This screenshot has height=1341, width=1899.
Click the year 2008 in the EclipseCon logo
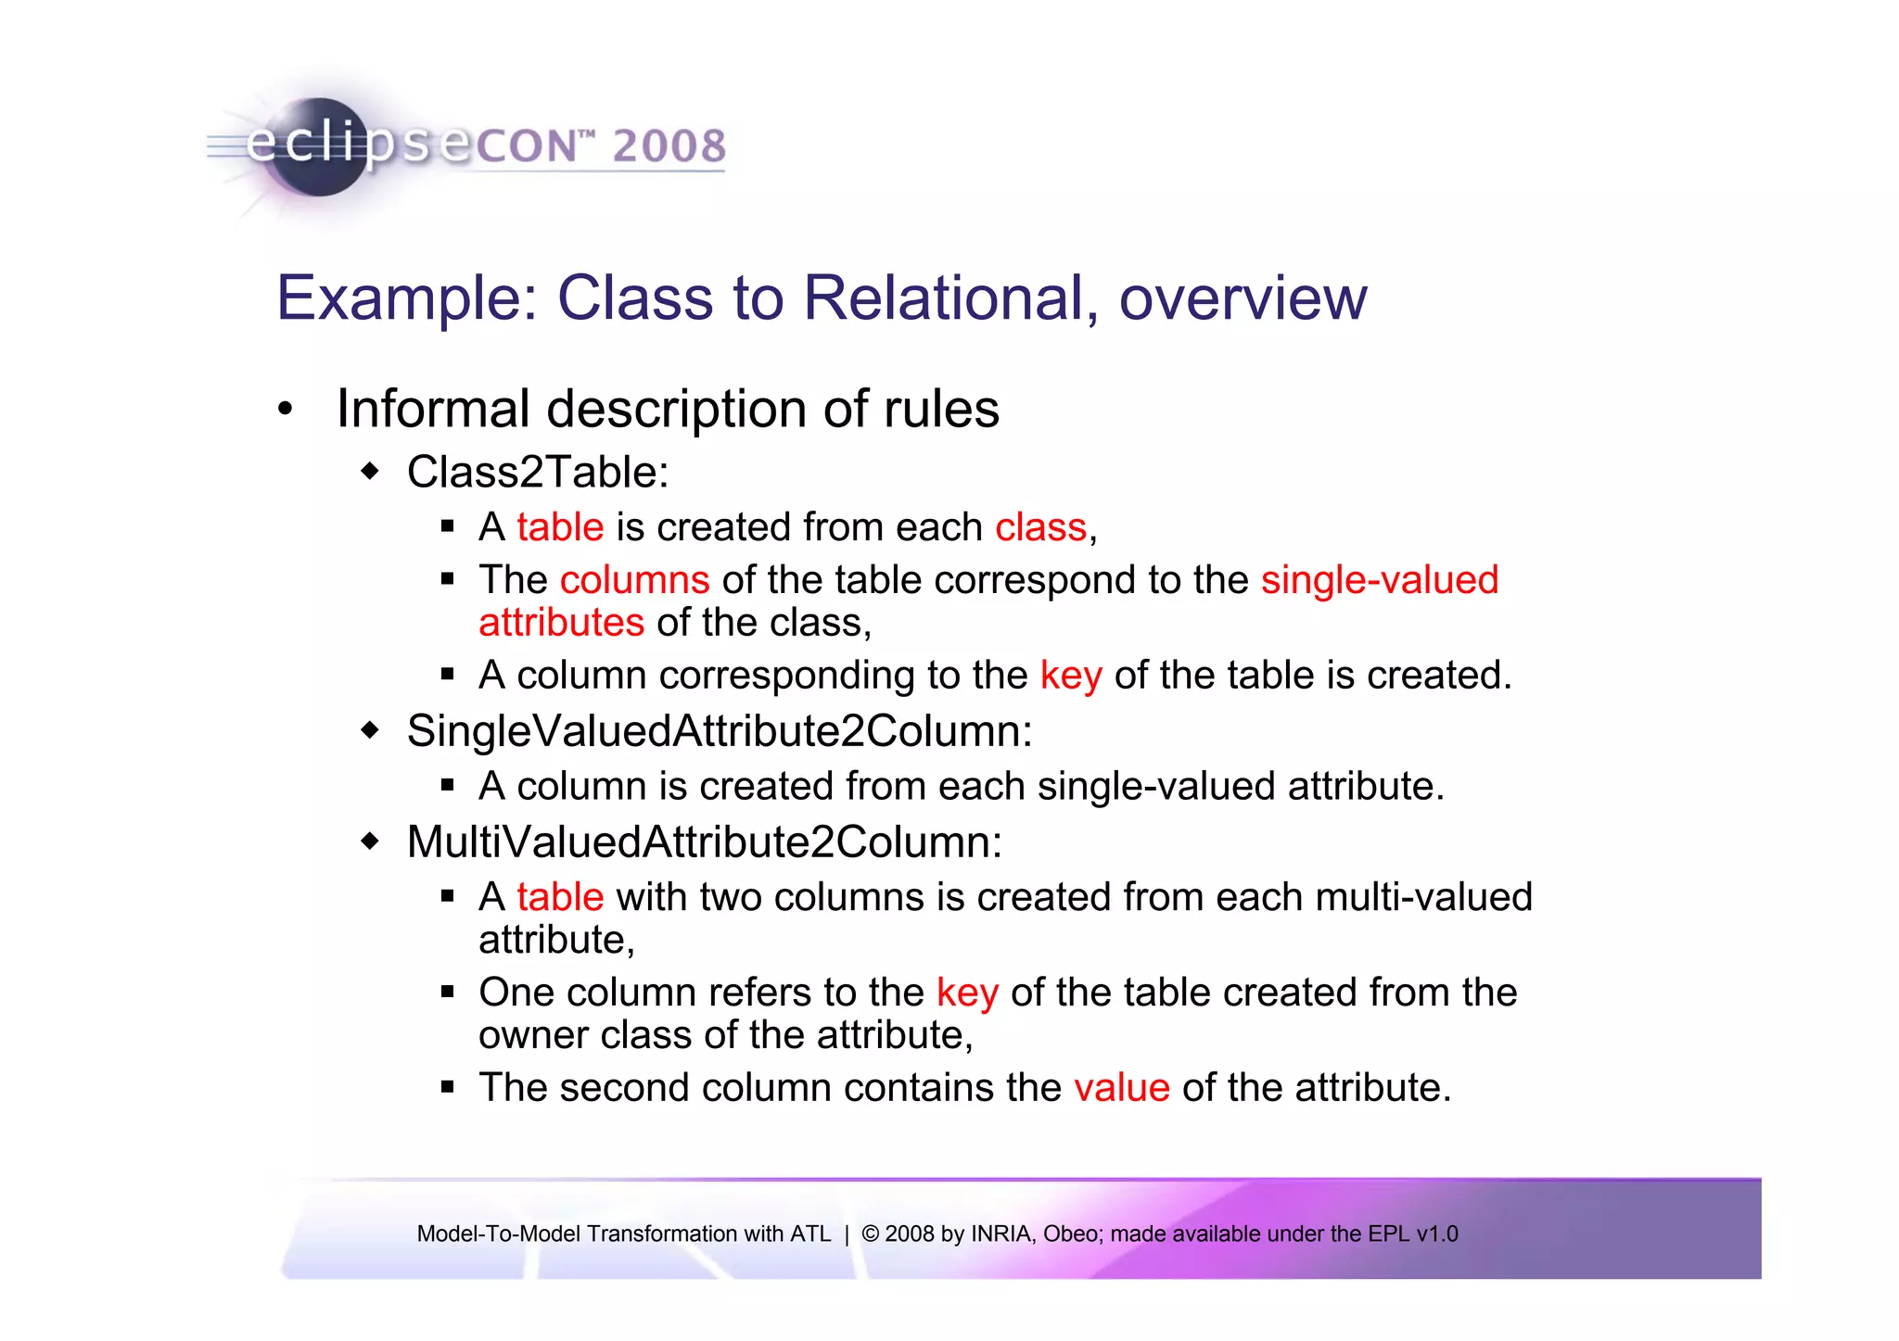(x=669, y=146)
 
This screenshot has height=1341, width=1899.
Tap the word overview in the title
(x=1243, y=298)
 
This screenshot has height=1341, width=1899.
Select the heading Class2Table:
(x=538, y=472)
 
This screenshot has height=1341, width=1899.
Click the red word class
(x=1040, y=527)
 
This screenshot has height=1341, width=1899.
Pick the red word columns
(x=634, y=580)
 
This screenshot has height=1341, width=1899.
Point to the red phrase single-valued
(x=1379, y=580)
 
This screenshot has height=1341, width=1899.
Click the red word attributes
(x=561, y=623)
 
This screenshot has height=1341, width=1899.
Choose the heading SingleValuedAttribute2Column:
(x=720, y=731)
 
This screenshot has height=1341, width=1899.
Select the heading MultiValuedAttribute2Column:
(x=705, y=842)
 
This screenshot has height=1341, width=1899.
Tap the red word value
(x=1122, y=1088)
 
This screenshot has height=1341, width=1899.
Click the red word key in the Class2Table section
(x=1071, y=676)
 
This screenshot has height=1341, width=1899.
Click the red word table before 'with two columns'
(x=560, y=897)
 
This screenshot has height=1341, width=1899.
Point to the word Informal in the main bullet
(x=433, y=409)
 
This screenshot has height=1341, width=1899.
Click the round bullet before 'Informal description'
(x=286, y=409)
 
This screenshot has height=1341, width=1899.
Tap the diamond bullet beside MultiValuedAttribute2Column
(x=370, y=841)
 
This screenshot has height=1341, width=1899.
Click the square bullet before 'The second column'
(x=448, y=1087)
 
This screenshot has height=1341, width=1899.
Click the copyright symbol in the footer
(x=870, y=1234)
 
